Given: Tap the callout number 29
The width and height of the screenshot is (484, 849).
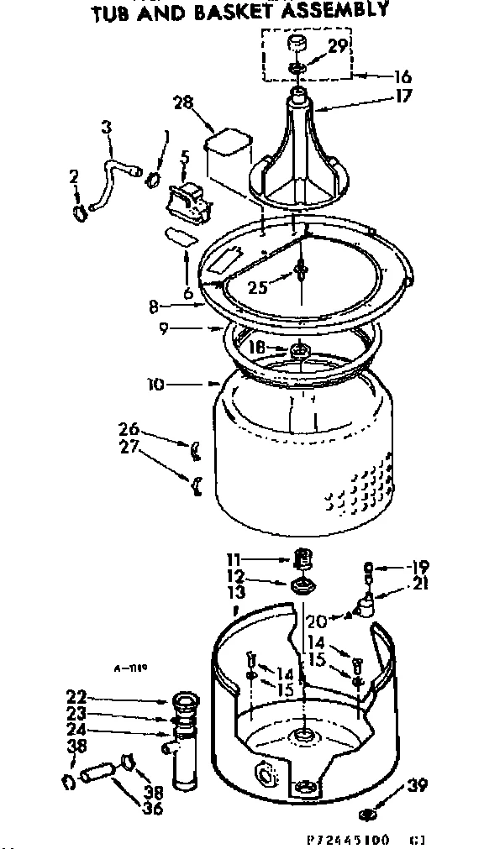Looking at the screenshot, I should [x=338, y=47].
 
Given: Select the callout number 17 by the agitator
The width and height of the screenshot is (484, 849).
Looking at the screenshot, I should [x=404, y=96].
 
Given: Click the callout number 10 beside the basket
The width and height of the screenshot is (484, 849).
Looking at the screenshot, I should [x=155, y=385].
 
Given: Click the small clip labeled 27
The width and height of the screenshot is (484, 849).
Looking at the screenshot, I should [x=194, y=484].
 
